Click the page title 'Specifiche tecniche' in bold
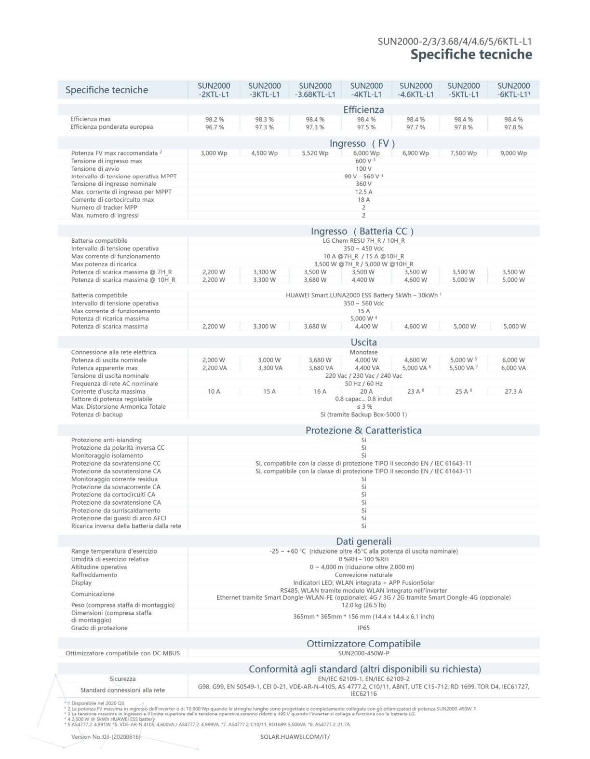tap(471, 55)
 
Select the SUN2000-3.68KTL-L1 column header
tap(315, 90)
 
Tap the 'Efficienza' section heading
tap(363, 110)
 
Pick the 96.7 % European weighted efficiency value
tap(214, 127)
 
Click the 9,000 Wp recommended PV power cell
tap(513, 153)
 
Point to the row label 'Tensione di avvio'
tap(95, 169)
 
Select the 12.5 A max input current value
tap(363, 192)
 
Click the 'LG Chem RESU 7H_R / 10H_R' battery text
tap(363, 241)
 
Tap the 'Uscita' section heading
tap(363, 342)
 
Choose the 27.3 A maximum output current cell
tap(513, 391)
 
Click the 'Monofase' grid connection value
tap(363, 352)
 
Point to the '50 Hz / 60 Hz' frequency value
tap(363, 384)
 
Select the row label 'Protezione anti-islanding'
tap(107, 440)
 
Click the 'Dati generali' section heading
tap(363, 541)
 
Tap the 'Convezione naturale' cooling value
tap(363, 575)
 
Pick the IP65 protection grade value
tap(363, 628)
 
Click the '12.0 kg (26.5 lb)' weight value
tap(363, 605)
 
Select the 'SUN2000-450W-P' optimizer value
tap(363, 653)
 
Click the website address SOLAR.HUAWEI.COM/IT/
tap(295, 737)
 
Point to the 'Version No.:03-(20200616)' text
tap(106, 737)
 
